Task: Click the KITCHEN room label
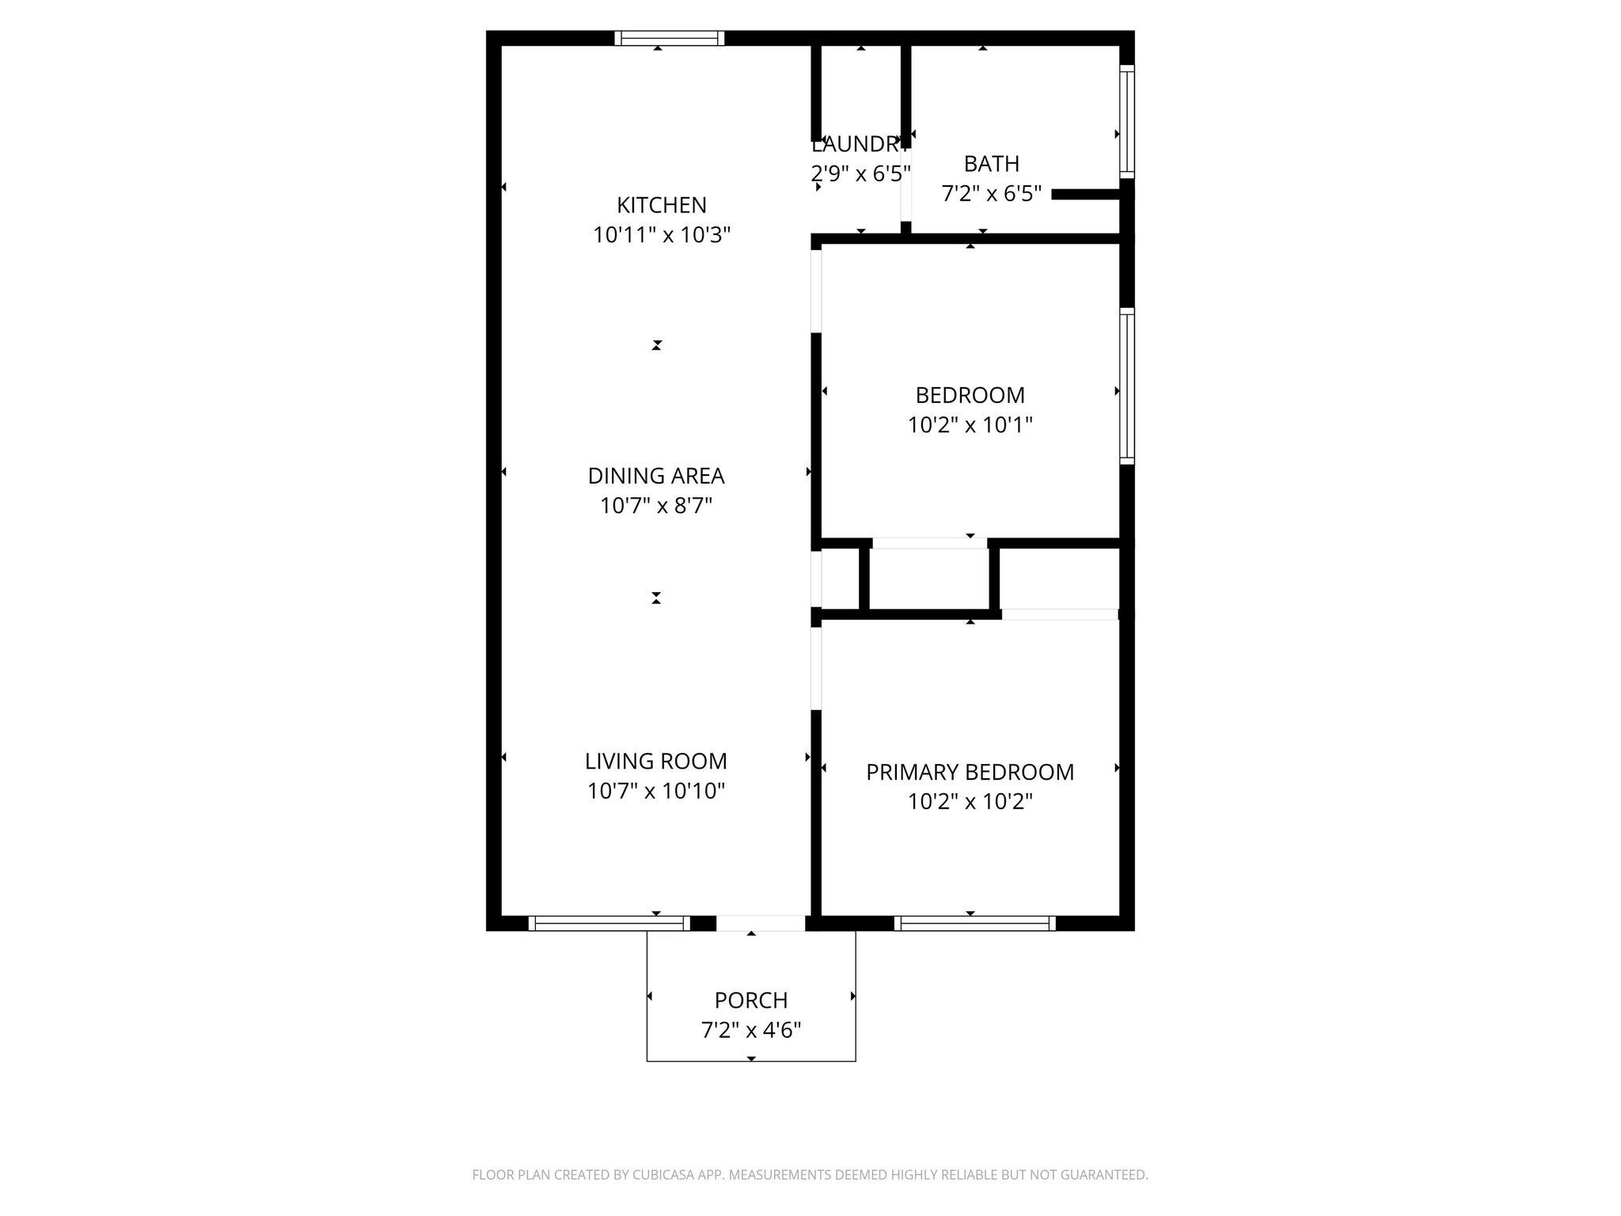point(661,205)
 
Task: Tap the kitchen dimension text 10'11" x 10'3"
point(661,235)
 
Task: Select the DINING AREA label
point(655,476)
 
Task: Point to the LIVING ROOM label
point(655,761)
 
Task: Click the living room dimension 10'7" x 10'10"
point(655,791)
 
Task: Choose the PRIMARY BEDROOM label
point(970,772)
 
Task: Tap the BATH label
point(991,164)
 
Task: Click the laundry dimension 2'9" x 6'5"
point(860,174)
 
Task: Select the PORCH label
point(750,1000)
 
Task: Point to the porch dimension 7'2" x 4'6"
point(750,1030)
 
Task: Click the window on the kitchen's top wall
point(669,38)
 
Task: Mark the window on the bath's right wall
point(1126,121)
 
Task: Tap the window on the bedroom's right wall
point(1126,386)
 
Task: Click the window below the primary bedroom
point(974,922)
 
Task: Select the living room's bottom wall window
point(607,922)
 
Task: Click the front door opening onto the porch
point(760,922)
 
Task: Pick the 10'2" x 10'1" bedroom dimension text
point(970,425)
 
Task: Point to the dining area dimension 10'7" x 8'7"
point(655,506)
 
